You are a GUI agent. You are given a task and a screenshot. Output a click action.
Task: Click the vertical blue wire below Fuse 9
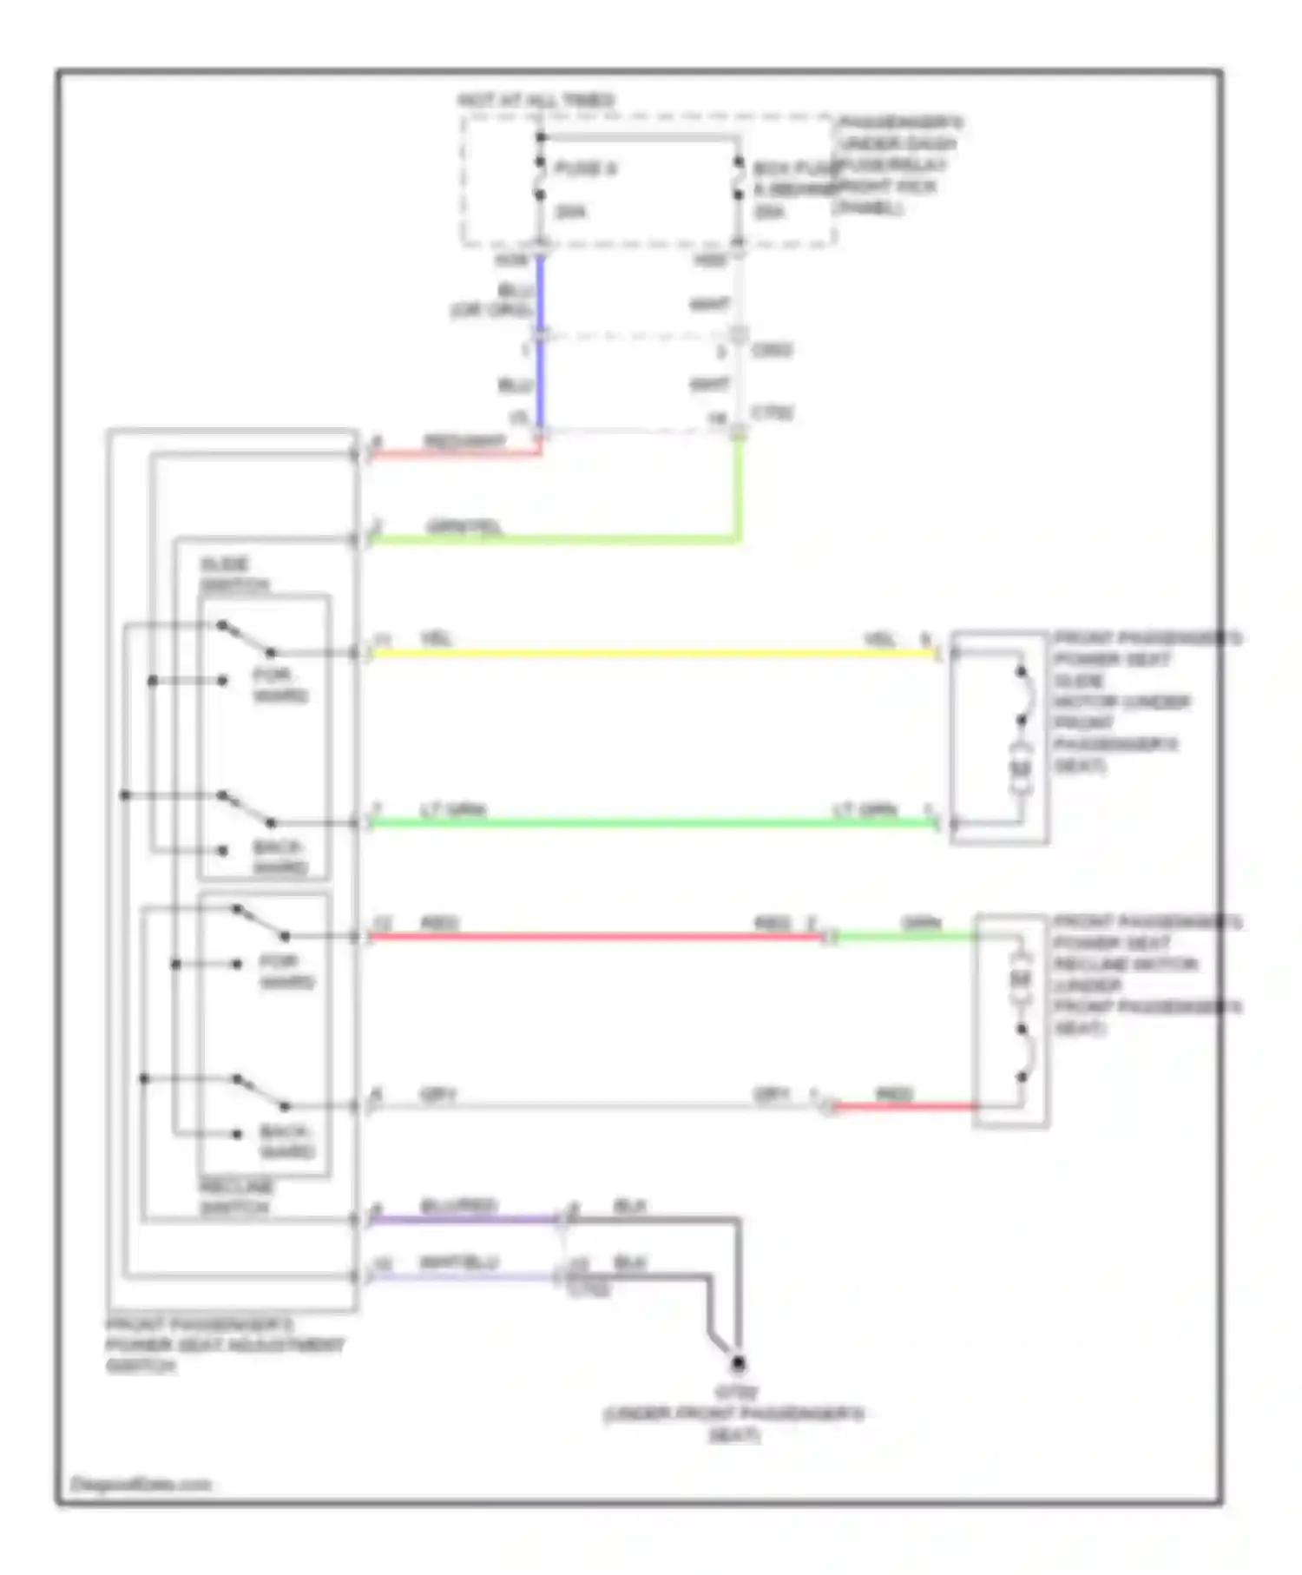539,347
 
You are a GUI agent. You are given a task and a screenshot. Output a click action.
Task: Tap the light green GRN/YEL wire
556,540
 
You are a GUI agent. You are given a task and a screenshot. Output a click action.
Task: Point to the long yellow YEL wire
651,653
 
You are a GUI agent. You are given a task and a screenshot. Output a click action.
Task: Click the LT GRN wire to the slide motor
651,822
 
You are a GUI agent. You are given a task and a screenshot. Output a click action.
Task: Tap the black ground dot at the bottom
738,1364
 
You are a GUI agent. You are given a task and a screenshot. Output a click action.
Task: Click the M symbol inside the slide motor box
1021,768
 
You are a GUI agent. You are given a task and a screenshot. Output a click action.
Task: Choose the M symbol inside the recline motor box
1021,979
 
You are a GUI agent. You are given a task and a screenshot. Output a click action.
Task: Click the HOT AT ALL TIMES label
536,101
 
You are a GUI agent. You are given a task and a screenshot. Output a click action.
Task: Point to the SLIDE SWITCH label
233,575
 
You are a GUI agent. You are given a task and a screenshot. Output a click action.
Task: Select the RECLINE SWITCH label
235,1197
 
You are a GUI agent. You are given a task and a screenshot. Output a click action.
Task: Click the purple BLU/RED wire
464,1219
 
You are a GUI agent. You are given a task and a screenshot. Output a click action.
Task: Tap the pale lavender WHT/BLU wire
464,1276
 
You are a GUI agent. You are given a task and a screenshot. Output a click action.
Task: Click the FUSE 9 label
585,168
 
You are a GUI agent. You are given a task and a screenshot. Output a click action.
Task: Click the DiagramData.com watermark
141,1484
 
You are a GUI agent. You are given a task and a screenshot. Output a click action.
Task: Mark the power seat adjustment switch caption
224,1345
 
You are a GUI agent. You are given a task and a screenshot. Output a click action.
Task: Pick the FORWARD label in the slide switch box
280,685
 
